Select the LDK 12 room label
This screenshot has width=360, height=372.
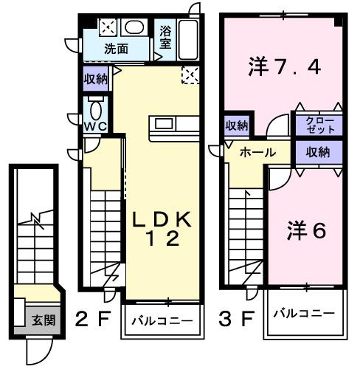163,229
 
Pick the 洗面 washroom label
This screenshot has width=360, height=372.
116,49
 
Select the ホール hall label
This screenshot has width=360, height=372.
258,152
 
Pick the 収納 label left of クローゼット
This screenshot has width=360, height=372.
238,125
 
